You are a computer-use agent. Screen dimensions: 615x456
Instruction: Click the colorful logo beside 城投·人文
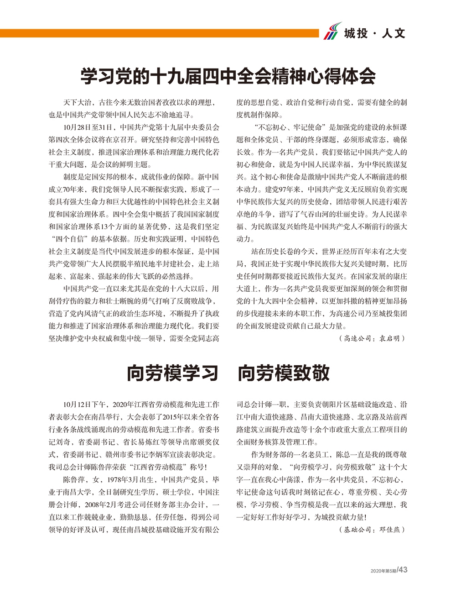(332, 31)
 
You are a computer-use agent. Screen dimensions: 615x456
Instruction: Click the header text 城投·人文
(374, 33)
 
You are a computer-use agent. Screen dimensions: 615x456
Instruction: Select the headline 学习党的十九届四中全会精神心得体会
(228, 76)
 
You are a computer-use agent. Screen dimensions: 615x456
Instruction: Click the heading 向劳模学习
(173, 373)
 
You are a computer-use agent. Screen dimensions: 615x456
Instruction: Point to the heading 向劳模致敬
(284, 373)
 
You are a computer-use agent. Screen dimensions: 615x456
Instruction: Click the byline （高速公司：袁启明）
(372, 338)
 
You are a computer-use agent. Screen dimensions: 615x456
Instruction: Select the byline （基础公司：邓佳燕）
(372, 530)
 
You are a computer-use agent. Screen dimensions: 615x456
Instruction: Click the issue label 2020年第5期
(383, 571)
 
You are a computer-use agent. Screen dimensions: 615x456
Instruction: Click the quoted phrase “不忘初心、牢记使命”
(290, 127)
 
